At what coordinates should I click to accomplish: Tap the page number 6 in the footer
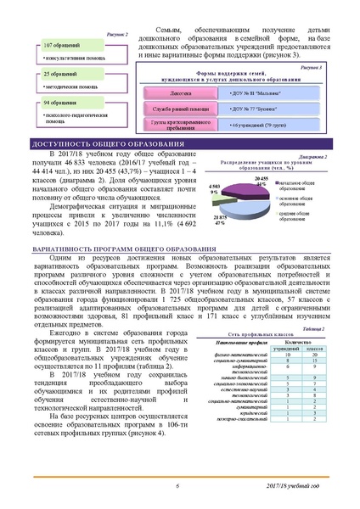[x=179, y=485]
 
